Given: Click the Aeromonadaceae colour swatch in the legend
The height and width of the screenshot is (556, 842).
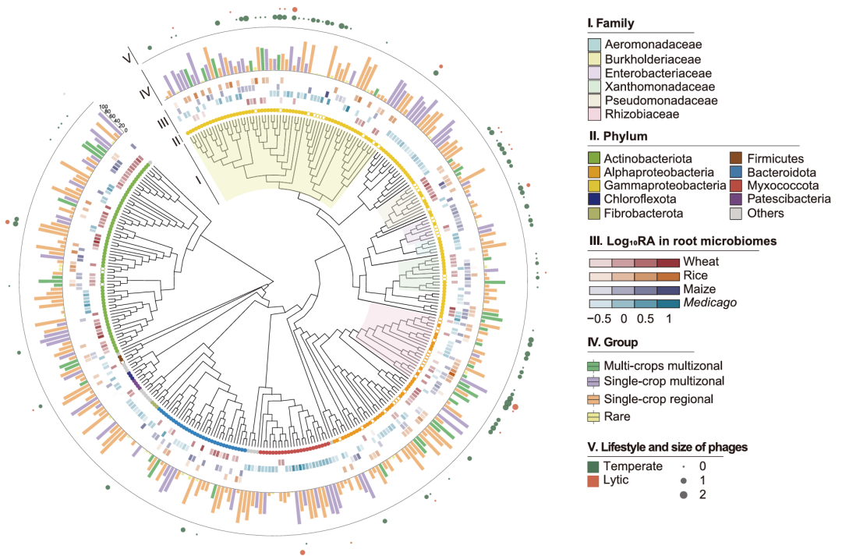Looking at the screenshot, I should coord(594,45).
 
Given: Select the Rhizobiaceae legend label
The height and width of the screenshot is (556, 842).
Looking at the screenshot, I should coord(636,114).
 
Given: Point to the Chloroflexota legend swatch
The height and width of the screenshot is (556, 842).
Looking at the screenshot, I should coord(594,199).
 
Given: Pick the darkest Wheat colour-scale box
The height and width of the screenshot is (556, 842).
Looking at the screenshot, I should coord(668,262).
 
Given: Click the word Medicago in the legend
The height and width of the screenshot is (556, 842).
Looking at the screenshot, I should coord(706,303).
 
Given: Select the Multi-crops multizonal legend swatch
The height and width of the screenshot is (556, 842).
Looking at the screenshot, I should coord(594,365).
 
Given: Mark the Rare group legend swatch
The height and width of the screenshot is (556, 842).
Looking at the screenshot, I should coord(594,416).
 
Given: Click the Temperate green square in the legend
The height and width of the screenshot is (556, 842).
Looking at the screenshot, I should coord(594,466).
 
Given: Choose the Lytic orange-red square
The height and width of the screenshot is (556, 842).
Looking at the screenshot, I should coord(594,480).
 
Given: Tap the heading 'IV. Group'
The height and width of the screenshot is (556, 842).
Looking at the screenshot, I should coord(612,342).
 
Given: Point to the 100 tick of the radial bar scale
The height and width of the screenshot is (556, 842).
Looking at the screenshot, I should coord(103,107).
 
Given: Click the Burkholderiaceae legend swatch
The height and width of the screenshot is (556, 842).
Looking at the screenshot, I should coord(594,59).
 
